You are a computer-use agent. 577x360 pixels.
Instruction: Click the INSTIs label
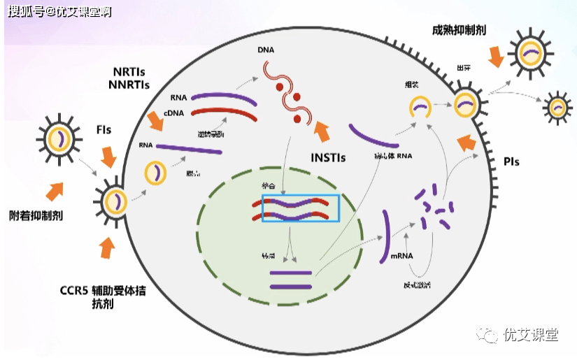328,158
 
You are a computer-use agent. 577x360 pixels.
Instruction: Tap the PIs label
511,161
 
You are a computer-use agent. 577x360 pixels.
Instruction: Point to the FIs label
104,130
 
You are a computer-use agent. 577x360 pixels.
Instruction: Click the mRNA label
401,255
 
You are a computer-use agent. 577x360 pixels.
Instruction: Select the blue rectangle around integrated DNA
300,208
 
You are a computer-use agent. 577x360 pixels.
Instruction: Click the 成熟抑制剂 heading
460,30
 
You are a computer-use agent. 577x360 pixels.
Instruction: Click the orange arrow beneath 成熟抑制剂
496,57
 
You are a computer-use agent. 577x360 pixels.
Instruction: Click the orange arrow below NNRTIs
155,122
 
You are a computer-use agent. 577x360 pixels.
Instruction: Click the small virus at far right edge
557,107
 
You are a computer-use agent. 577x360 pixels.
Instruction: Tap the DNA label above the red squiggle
265,51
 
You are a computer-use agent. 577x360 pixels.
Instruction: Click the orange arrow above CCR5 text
106,246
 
